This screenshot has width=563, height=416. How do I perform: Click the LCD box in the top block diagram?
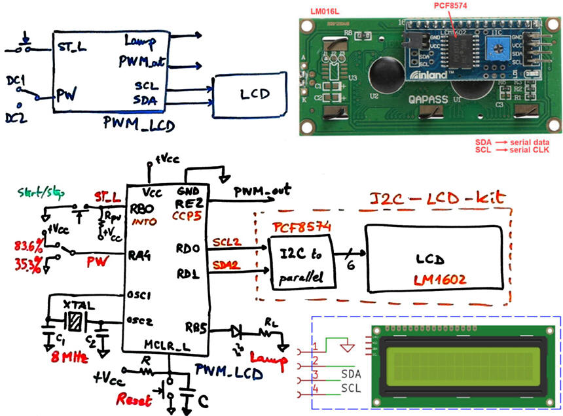[x=251, y=94]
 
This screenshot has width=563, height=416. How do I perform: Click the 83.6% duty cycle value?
[x=27, y=246]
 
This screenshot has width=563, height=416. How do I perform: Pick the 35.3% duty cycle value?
[x=27, y=264]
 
